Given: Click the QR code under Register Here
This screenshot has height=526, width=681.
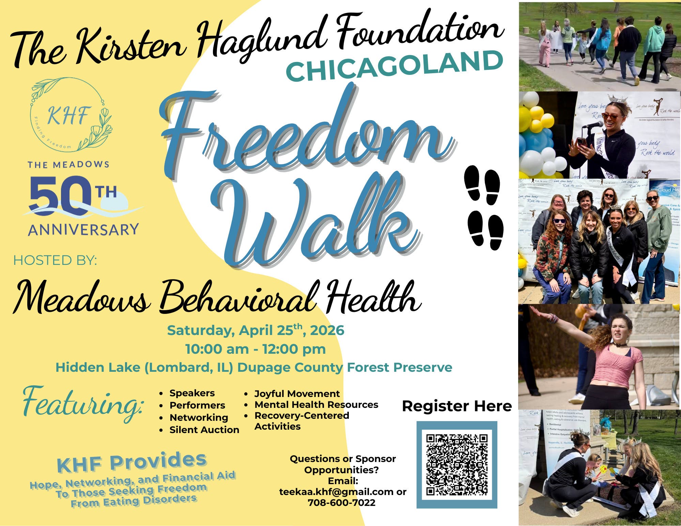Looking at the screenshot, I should (457, 465).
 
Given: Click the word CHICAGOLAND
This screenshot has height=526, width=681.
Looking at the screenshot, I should (394, 66).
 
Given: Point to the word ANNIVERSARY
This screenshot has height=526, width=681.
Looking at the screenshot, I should (83, 230).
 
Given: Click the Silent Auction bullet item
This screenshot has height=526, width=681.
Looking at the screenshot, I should (204, 430).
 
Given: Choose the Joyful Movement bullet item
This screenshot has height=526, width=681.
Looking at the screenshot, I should (297, 394).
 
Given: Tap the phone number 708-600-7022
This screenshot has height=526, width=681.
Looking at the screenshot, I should (341, 503).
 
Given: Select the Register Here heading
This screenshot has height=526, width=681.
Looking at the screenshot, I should (457, 406).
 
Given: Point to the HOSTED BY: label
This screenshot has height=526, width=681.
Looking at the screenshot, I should (55, 260).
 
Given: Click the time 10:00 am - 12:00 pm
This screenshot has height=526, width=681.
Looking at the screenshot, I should (256, 349).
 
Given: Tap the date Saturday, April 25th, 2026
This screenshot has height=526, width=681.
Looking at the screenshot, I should (256, 331).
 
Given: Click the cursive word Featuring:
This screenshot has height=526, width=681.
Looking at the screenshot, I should (83, 403).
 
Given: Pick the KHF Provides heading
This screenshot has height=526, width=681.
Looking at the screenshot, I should (131, 462).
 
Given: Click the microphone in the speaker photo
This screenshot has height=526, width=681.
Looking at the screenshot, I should (593, 125).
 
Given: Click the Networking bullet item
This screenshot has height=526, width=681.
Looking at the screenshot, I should (199, 418).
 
